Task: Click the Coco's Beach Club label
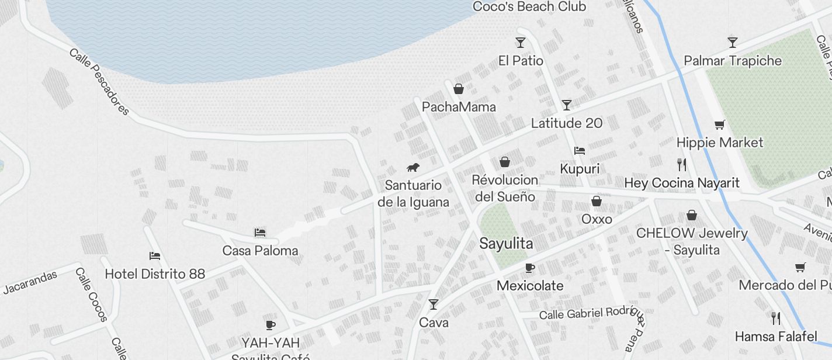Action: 529,7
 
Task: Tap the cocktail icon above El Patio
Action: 521,43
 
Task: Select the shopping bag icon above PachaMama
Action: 459,89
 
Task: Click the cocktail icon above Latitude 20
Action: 566,105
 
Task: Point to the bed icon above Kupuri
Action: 580,151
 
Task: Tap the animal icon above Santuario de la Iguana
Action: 413,168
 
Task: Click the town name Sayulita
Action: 506,244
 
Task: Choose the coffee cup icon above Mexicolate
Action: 530,268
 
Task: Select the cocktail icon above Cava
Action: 434,304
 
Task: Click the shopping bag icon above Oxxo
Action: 597,202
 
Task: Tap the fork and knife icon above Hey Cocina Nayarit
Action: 682,164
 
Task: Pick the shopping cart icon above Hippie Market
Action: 720,124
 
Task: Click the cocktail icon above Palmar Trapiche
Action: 732,43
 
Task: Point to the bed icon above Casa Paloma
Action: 260,233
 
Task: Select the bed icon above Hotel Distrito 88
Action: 155,256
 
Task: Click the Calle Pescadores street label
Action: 99,81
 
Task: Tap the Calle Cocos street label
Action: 91,295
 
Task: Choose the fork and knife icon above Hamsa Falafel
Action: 776,319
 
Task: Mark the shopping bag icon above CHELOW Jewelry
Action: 692,216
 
